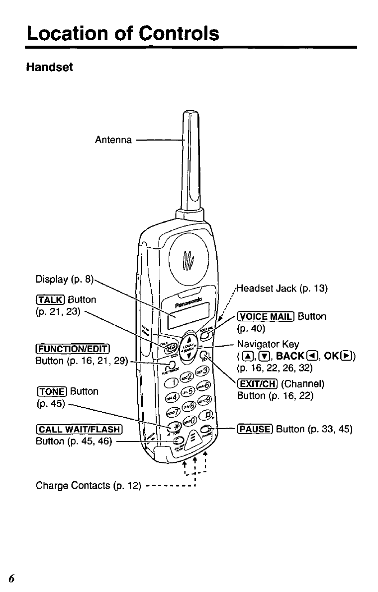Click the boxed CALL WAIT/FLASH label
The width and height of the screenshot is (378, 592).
click(x=79, y=430)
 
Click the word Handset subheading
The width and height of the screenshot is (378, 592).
click(x=49, y=67)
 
